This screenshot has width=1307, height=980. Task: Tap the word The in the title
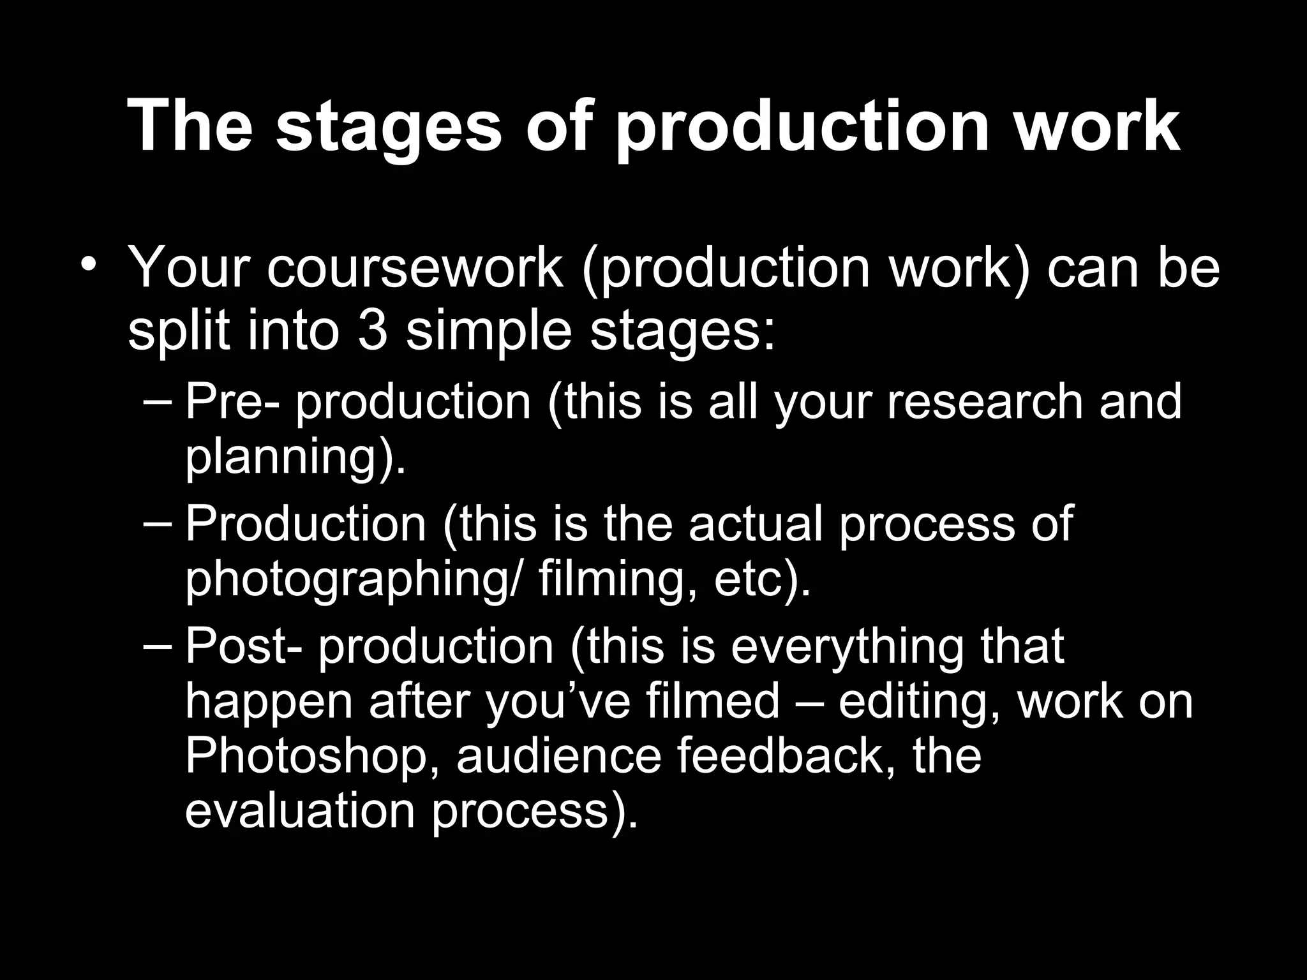190,124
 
